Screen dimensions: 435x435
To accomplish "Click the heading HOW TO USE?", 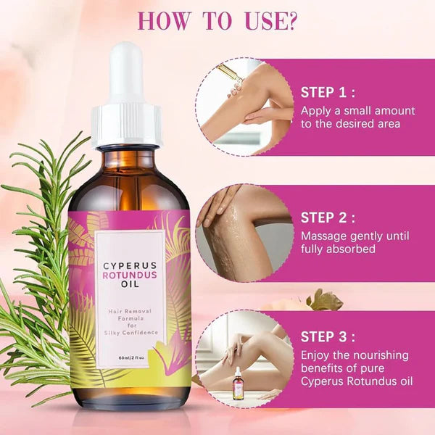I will [x=217, y=20].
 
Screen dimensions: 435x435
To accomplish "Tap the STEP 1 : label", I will [x=328, y=92].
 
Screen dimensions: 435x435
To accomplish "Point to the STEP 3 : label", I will [x=328, y=337].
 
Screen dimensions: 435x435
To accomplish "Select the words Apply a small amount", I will [x=358, y=110].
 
